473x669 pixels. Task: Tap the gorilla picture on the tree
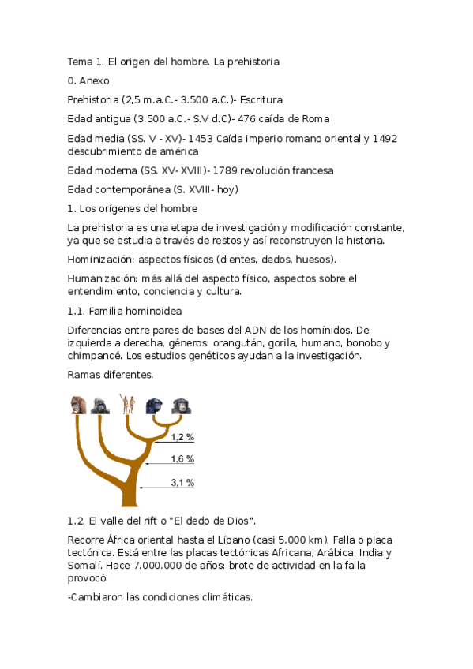(x=99, y=406)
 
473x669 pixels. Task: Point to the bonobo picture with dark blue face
(x=155, y=406)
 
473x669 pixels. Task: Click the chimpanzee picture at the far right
(x=181, y=406)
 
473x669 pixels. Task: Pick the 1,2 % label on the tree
(x=182, y=437)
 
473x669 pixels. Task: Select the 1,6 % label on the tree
(x=182, y=459)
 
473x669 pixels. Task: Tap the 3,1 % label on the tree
(x=182, y=483)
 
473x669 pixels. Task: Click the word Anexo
(x=94, y=80)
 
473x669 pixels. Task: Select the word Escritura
(x=261, y=100)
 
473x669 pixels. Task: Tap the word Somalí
(x=88, y=566)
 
